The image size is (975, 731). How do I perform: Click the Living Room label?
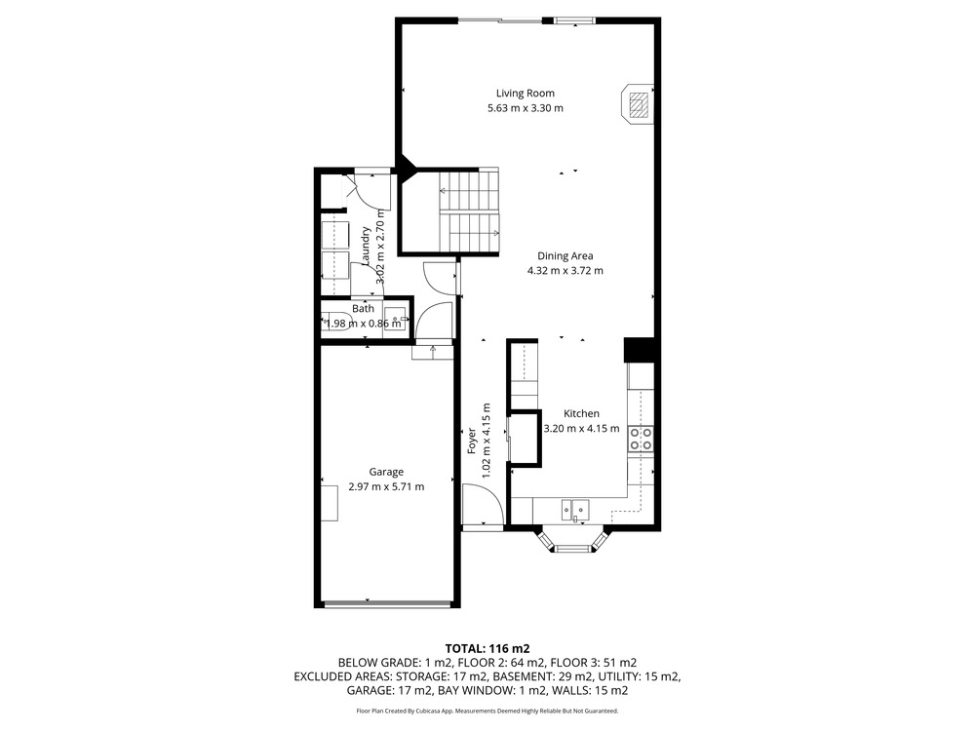click(x=525, y=94)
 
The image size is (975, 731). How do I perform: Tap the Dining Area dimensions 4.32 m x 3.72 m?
click(x=565, y=270)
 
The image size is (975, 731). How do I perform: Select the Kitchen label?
click(x=581, y=413)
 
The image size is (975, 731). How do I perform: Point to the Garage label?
click(x=386, y=472)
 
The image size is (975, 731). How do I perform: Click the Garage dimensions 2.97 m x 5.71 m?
click(x=386, y=486)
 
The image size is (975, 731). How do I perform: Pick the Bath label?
click(x=363, y=308)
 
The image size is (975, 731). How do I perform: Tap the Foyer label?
click(x=472, y=441)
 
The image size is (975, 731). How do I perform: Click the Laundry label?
click(x=366, y=247)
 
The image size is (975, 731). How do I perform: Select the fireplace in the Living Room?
click(x=637, y=104)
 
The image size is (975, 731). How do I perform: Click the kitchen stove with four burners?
click(x=641, y=439)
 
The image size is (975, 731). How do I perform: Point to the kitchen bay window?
click(x=572, y=540)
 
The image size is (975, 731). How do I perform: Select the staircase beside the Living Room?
click(x=469, y=212)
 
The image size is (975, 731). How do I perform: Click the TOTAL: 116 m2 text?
click(x=487, y=649)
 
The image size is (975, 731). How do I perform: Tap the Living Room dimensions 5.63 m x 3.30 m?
click(x=526, y=108)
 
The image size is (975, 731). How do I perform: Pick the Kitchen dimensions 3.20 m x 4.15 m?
click(x=581, y=428)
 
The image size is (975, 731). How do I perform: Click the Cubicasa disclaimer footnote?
click(x=487, y=711)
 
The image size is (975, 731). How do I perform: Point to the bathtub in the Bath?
click(x=337, y=322)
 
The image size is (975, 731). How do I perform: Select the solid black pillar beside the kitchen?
click(x=640, y=349)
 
